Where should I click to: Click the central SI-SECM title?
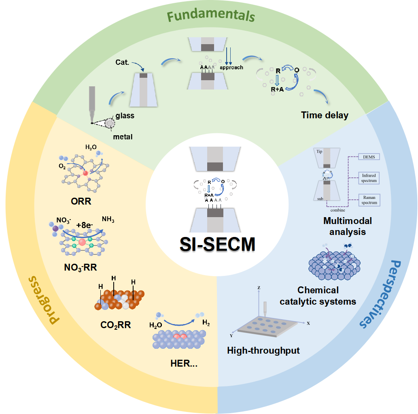coord(218,244)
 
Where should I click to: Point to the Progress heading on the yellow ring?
coord(43,299)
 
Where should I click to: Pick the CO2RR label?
coord(115,325)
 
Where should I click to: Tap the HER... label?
coord(184,363)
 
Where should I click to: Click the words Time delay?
coord(325,115)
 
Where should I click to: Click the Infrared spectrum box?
coord(369,178)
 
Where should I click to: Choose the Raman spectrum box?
coord(369,200)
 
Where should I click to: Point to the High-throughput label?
coord(263,350)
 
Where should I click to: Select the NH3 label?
coord(108,220)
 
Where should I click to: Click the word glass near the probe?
coord(125,116)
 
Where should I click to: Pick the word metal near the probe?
coord(123,137)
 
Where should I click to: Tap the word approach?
coord(231,67)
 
